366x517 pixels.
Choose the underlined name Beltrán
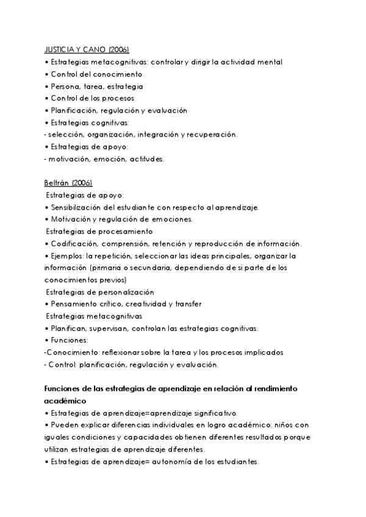pos(56,183)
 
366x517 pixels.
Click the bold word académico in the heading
pos(66,401)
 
